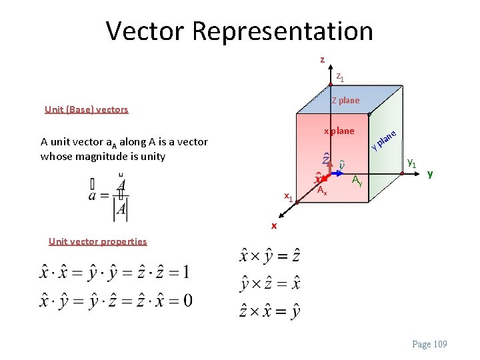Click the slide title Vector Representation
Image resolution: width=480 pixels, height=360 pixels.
click(x=239, y=31)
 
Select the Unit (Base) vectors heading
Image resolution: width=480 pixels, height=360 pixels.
click(x=86, y=109)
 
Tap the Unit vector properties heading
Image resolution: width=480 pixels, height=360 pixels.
click(x=97, y=241)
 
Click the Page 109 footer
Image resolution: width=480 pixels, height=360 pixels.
click(x=430, y=344)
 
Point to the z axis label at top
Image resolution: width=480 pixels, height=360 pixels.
click(x=322, y=60)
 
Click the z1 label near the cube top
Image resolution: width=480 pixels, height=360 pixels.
click(x=340, y=77)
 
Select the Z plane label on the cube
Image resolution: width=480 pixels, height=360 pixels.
click(x=345, y=101)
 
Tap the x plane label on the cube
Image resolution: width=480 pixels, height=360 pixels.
click(x=339, y=131)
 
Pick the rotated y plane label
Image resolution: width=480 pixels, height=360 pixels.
click(x=385, y=139)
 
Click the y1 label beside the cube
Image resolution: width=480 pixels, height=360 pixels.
click(x=413, y=163)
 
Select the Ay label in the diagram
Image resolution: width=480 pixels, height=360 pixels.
click(x=357, y=179)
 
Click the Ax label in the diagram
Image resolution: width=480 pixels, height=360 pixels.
click(x=321, y=191)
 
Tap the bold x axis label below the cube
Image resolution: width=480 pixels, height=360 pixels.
click(x=273, y=226)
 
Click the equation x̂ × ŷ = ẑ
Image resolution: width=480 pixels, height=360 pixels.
click(x=269, y=256)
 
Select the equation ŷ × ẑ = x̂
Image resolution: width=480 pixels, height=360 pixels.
click(x=269, y=283)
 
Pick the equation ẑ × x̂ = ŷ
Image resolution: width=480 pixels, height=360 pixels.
click(x=269, y=311)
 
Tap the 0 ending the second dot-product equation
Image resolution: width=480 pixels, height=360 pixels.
click(x=187, y=300)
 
